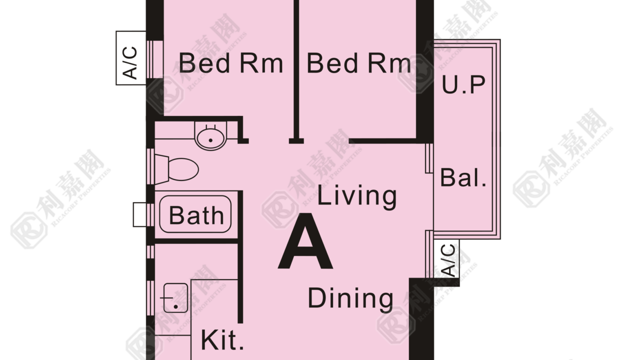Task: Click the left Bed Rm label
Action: point(231,63)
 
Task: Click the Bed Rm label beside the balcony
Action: point(358,63)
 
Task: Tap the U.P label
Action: point(463,84)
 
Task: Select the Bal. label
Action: point(463,177)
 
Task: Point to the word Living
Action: point(357,196)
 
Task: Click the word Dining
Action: point(350,299)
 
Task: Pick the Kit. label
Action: point(222,340)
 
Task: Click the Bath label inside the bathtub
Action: point(196,215)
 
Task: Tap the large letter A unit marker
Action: point(305,241)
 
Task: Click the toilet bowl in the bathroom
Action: point(183,169)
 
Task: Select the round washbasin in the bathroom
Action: point(210,136)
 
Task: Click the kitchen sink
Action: point(175,297)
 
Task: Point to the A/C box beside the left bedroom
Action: point(131,58)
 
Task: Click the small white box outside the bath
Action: point(140,214)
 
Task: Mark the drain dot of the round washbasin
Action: point(210,140)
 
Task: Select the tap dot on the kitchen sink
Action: point(176,307)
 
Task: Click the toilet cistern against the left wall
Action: point(161,169)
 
